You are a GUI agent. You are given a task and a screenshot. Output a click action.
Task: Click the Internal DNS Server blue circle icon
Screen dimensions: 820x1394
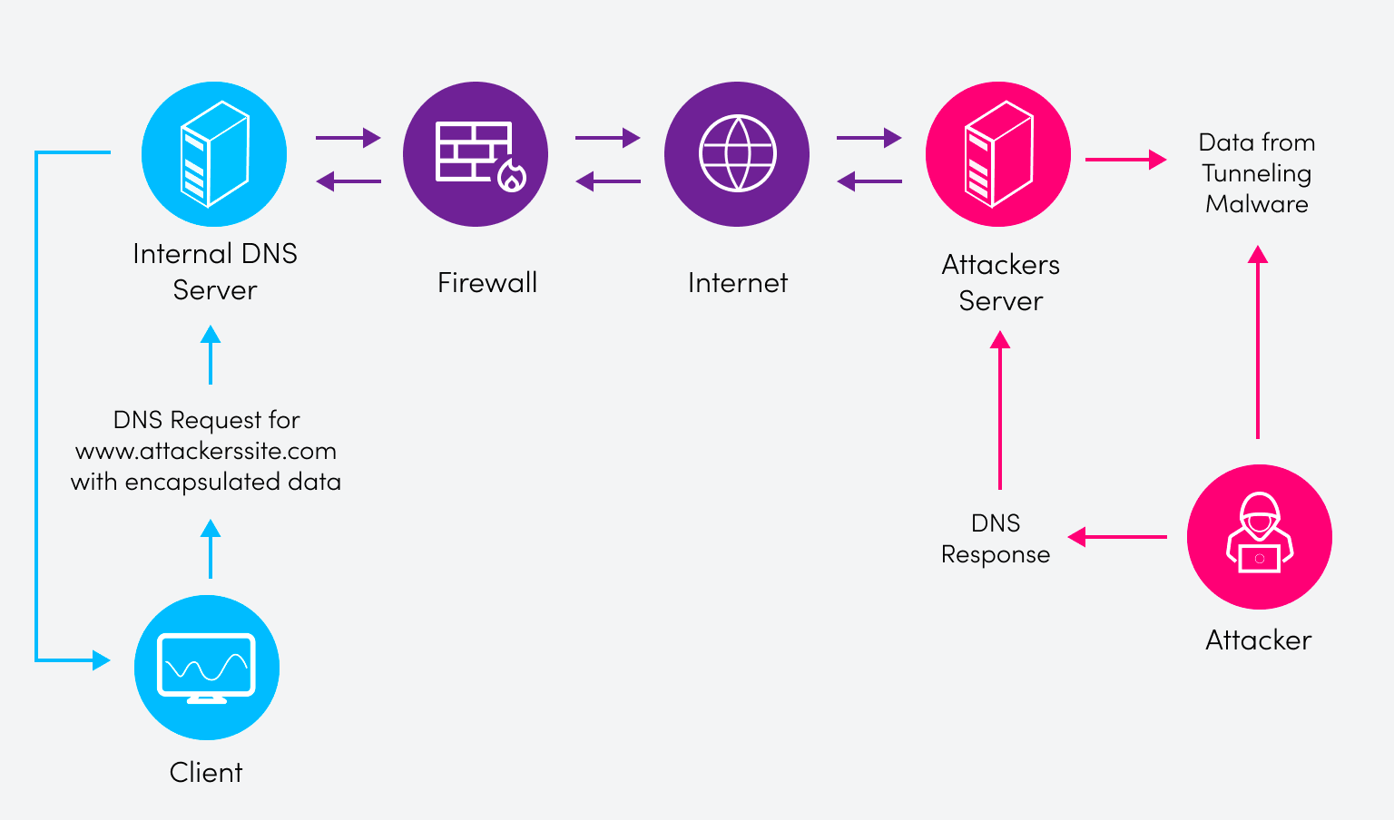(214, 154)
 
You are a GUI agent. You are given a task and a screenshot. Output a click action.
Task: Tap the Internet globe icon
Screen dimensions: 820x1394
(737, 154)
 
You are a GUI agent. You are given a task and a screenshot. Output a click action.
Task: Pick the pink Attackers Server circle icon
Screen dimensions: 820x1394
(998, 154)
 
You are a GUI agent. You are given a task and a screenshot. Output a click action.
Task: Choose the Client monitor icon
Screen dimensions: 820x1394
(207, 668)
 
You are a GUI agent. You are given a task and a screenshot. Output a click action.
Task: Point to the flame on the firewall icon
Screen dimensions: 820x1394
(511, 177)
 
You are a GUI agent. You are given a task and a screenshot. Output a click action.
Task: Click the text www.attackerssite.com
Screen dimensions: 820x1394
(206, 451)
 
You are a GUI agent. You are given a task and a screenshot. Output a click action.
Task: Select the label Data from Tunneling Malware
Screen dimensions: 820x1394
(1257, 173)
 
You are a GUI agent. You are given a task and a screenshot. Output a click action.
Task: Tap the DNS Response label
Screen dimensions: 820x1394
(996, 539)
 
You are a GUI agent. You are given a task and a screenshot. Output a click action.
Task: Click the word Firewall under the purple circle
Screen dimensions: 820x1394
(487, 283)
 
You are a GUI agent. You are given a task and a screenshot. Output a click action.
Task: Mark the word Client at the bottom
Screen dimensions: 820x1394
(206, 773)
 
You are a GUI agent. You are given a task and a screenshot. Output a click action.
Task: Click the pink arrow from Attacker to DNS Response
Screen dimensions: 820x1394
(1118, 537)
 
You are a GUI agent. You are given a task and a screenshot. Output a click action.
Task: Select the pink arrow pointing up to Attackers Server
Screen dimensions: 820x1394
(1000, 408)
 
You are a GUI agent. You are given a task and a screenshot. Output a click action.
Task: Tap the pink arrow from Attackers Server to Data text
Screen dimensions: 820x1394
(1125, 160)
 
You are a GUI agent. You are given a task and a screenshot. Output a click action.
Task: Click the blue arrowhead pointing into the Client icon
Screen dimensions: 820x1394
(101, 660)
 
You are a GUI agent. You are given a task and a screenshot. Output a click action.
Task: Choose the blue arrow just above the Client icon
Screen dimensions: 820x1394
(211, 548)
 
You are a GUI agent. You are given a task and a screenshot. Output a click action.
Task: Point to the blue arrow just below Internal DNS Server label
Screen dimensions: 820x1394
(211, 354)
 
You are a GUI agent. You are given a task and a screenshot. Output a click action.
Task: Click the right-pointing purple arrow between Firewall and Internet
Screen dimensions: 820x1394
(607, 138)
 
